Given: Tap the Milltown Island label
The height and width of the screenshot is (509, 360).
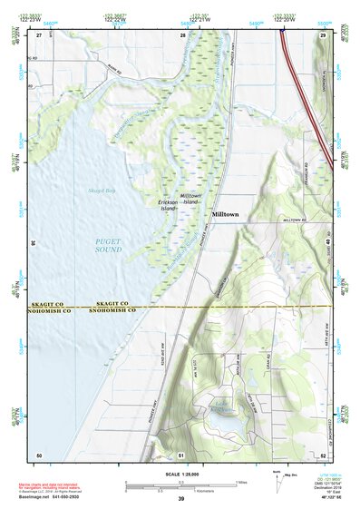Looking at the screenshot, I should pyautogui.click(x=190, y=200).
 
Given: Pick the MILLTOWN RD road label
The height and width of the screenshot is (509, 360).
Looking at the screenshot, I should pyautogui.click(x=297, y=220).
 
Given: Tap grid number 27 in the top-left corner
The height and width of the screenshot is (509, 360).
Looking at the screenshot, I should pyautogui.click(x=40, y=34).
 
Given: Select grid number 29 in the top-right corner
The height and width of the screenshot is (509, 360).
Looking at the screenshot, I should pyautogui.click(x=322, y=34).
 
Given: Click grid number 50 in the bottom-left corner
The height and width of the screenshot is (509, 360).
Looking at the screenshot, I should pyautogui.click(x=39, y=454).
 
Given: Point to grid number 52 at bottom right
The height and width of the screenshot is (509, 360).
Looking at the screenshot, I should pyautogui.click(x=323, y=454).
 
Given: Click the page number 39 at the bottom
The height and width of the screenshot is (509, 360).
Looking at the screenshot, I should pyautogui.click(x=180, y=499).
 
